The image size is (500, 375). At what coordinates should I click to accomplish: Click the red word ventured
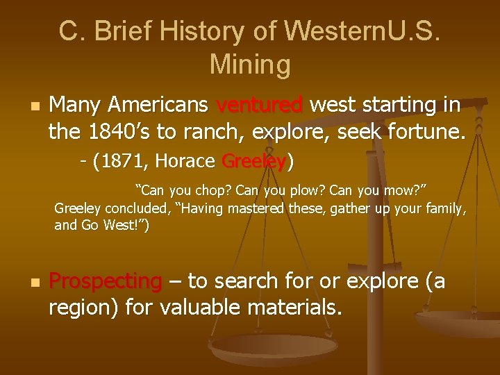coord(260,105)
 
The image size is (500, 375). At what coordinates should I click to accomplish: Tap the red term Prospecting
coord(106,281)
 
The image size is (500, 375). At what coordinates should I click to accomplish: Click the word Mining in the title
coord(249,65)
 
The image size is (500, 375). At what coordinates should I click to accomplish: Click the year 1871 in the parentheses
coord(126,162)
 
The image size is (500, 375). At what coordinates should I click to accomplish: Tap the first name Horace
coord(185,162)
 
